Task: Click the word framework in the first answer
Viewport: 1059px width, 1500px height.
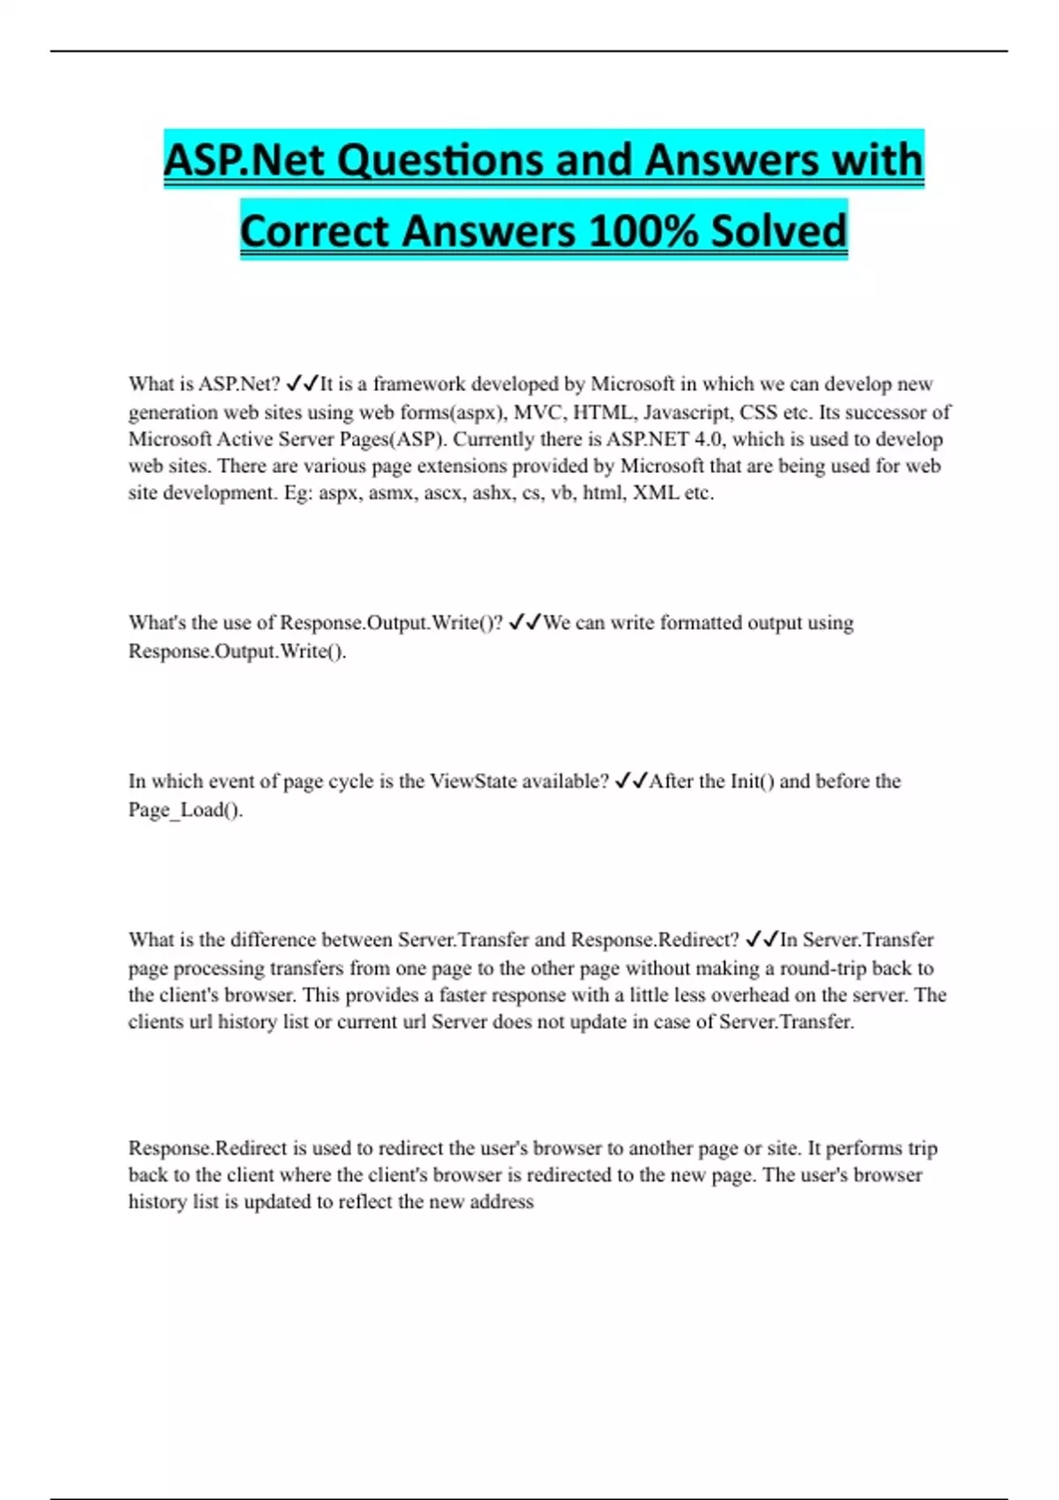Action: [419, 384]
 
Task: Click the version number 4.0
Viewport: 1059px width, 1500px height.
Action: [708, 439]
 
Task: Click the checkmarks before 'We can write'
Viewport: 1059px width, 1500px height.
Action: [525, 623]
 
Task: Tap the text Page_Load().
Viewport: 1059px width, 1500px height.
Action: [185, 810]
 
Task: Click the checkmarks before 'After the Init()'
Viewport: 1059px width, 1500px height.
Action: [631, 781]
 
